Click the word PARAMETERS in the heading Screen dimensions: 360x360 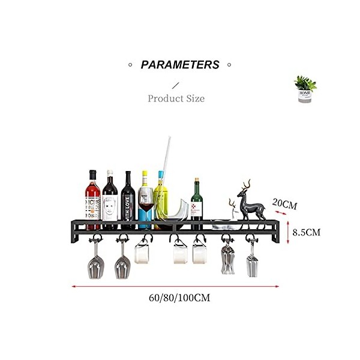click(x=180, y=65)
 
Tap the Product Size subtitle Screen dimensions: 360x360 click(x=176, y=98)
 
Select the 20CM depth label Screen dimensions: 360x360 click(x=284, y=204)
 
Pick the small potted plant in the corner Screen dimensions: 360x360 click(x=306, y=89)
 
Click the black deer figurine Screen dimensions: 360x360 click(x=248, y=201)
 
